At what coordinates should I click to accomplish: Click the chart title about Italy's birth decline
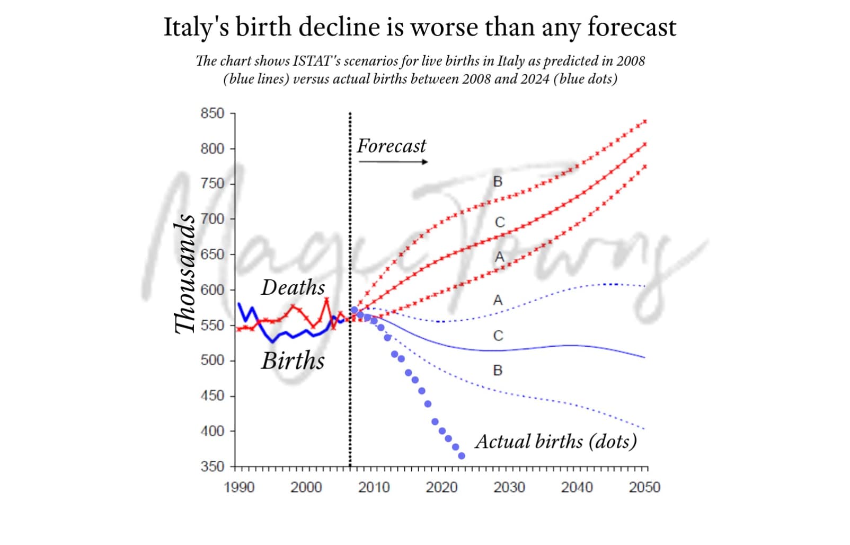(x=420, y=27)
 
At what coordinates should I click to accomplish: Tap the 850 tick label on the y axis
(x=212, y=113)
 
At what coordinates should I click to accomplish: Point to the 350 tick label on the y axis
(x=212, y=467)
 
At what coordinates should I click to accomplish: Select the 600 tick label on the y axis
(x=212, y=290)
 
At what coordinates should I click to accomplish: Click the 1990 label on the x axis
(x=239, y=487)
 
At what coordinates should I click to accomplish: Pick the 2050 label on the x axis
(x=644, y=487)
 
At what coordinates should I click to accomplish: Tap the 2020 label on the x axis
(x=441, y=487)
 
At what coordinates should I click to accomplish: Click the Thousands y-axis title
(x=185, y=274)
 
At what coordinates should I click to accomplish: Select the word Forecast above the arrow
(x=391, y=146)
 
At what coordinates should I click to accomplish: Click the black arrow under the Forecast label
(x=393, y=162)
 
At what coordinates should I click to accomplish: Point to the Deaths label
(x=293, y=287)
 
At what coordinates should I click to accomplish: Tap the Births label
(x=293, y=361)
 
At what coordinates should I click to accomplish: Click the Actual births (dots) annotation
(x=556, y=441)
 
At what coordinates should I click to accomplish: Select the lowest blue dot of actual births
(x=462, y=456)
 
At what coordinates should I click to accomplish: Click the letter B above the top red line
(x=498, y=182)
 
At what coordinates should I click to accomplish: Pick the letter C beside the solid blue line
(x=498, y=336)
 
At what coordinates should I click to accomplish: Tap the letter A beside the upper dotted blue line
(x=498, y=301)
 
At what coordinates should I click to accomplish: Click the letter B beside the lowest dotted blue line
(x=498, y=371)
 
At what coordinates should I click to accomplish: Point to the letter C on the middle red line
(x=500, y=222)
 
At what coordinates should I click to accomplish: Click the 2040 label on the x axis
(x=577, y=487)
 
